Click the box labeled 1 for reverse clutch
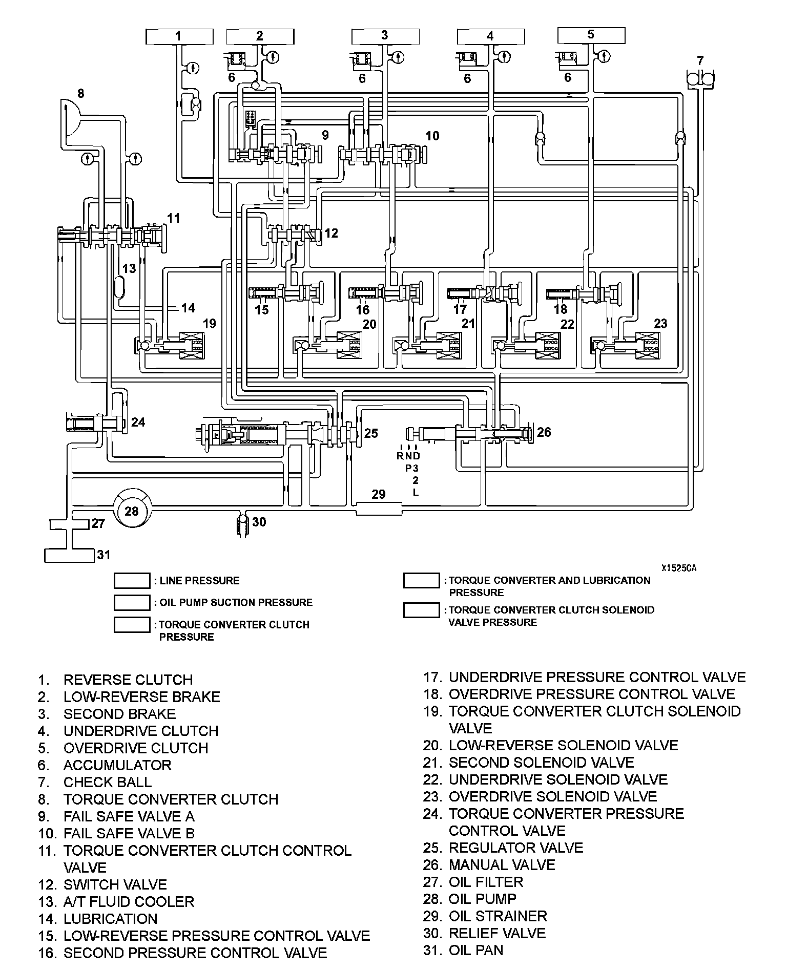[x=179, y=36]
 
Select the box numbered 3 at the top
[x=385, y=36]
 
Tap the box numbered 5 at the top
[x=591, y=35]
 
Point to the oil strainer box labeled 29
[x=379, y=509]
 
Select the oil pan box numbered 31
[x=70, y=555]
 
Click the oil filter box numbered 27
[x=70, y=524]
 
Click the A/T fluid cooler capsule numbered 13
[x=119, y=287]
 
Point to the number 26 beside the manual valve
[x=544, y=432]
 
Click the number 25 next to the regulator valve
[x=370, y=433]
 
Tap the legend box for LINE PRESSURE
[x=132, y=581]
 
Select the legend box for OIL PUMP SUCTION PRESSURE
[x=132, y=602]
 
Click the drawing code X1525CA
[x=678, y=568]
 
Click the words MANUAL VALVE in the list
[x=502, y=865]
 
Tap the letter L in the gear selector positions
[x=416, y=492]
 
